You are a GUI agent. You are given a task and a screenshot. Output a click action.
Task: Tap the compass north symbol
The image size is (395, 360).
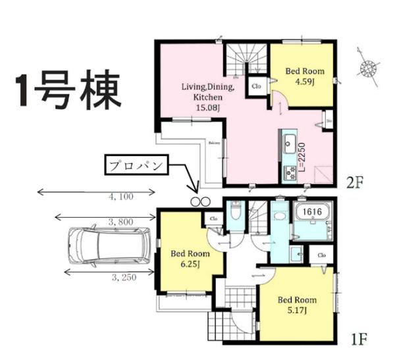coord(369,66)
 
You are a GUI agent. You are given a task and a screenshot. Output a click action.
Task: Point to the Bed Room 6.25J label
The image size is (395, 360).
coord(190,259)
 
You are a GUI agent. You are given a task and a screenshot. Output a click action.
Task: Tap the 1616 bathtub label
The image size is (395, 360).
coord(313,212)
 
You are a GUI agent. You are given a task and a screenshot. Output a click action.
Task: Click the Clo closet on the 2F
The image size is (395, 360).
coord(255,86)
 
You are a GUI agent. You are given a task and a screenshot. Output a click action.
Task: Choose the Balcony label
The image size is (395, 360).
coord(215,142)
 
